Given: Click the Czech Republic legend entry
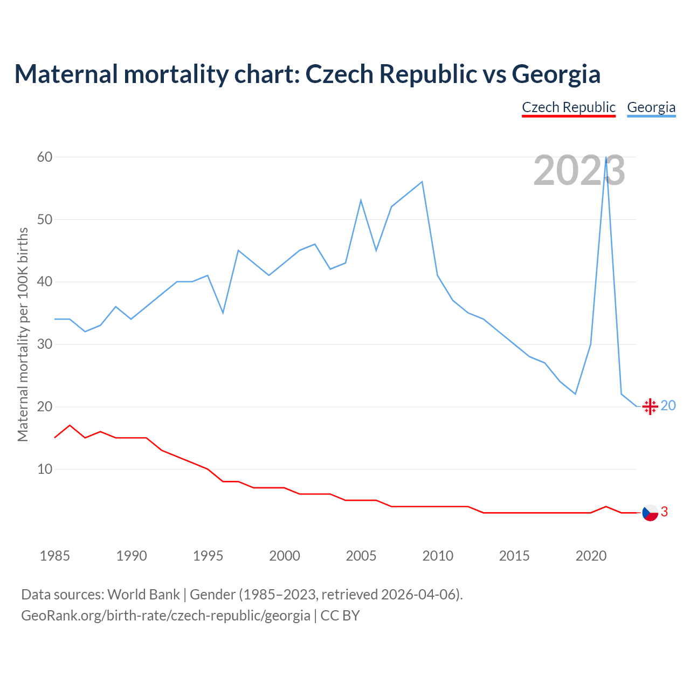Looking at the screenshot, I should [x=569, y=107].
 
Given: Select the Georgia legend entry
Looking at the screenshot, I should [x=651, y=107].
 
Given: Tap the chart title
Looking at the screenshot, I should [x=307, y=74].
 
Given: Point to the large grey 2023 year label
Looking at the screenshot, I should [x=579, y=170].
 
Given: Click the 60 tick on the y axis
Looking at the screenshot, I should [x=45, y=157].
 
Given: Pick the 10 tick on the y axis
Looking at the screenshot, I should [x=45, y=469].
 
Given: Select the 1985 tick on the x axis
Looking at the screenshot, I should [x=54, y=556].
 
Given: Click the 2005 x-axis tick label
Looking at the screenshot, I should [x=361, y=556].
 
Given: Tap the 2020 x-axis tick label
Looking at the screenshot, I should [x=591, y=556].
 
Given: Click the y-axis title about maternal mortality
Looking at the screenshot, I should [x=23, y=334].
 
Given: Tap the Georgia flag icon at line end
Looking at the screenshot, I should [x=650, y=406].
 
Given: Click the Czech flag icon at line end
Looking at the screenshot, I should [x=650, y=513].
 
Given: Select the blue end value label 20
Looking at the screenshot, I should [x=668, y=405].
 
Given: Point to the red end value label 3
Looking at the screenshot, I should [x=664, y=512].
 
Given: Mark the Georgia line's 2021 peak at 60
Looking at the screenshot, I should [x=606, y=157].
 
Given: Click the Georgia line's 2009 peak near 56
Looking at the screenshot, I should [x=422, y=182].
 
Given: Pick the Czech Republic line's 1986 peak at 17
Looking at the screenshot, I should [x=70, y=425].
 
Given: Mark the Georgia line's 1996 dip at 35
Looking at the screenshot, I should [x=223, y=313].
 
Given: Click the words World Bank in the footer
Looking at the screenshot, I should [x=143, y=595].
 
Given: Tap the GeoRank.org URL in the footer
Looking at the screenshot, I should [x=165, y=615].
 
